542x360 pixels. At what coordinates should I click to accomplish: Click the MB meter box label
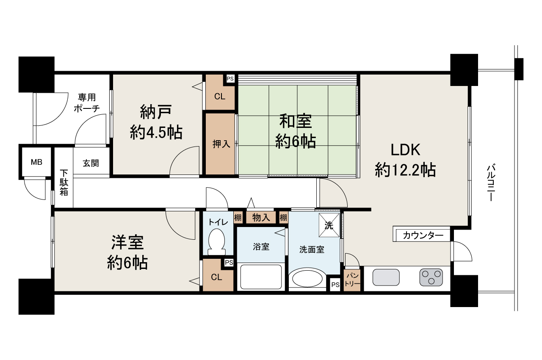tap(36, 163)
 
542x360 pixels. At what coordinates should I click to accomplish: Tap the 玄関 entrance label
tap(91, 163)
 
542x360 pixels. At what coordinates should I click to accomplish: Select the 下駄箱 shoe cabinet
tap(64, 183)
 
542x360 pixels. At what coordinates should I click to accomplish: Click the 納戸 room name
tap(156, 113)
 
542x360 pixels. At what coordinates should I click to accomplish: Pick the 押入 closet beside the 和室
tap(221, 144)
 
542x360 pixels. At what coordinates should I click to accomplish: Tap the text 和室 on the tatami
tap(295, 121)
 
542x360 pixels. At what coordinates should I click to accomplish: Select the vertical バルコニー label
tap(491, 182)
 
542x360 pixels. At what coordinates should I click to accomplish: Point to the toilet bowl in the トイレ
tap(217, 241)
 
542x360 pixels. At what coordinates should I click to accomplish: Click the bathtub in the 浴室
tap(261, 277)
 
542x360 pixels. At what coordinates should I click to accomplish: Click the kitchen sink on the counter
tap(386, 278)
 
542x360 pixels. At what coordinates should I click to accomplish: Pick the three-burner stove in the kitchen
tap(431, 278)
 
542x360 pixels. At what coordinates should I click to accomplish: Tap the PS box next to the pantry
tap(335, 285)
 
